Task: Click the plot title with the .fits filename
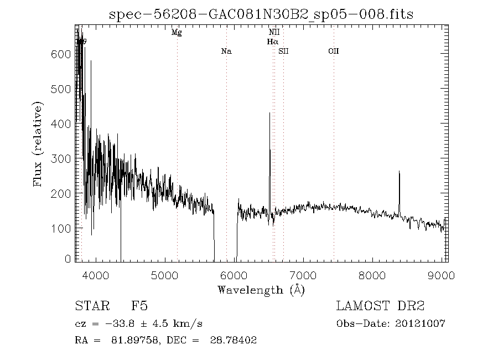[x=261, y=14]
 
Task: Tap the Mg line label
[x=177, y=33]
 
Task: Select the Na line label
[x=226, y=52]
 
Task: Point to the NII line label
[x=274, y=33]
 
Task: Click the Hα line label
[x=273, y=42]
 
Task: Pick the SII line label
[x=284, y=52]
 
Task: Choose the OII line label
[x=333, y=52]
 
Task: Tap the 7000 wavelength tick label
[x=303, y=275]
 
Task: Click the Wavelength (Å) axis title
[x=261, y=289]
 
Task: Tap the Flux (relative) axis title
[x=39, y=144]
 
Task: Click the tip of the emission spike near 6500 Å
[x=269, y=113]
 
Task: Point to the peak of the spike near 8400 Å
[x=399, y=172]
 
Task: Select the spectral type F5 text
[x=139, y=306]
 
